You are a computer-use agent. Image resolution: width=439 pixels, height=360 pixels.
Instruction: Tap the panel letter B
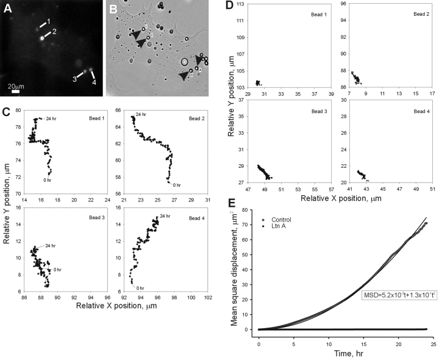[x=113, y=9]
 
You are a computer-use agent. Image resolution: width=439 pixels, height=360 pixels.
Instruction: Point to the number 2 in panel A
[x=54, y=32]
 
